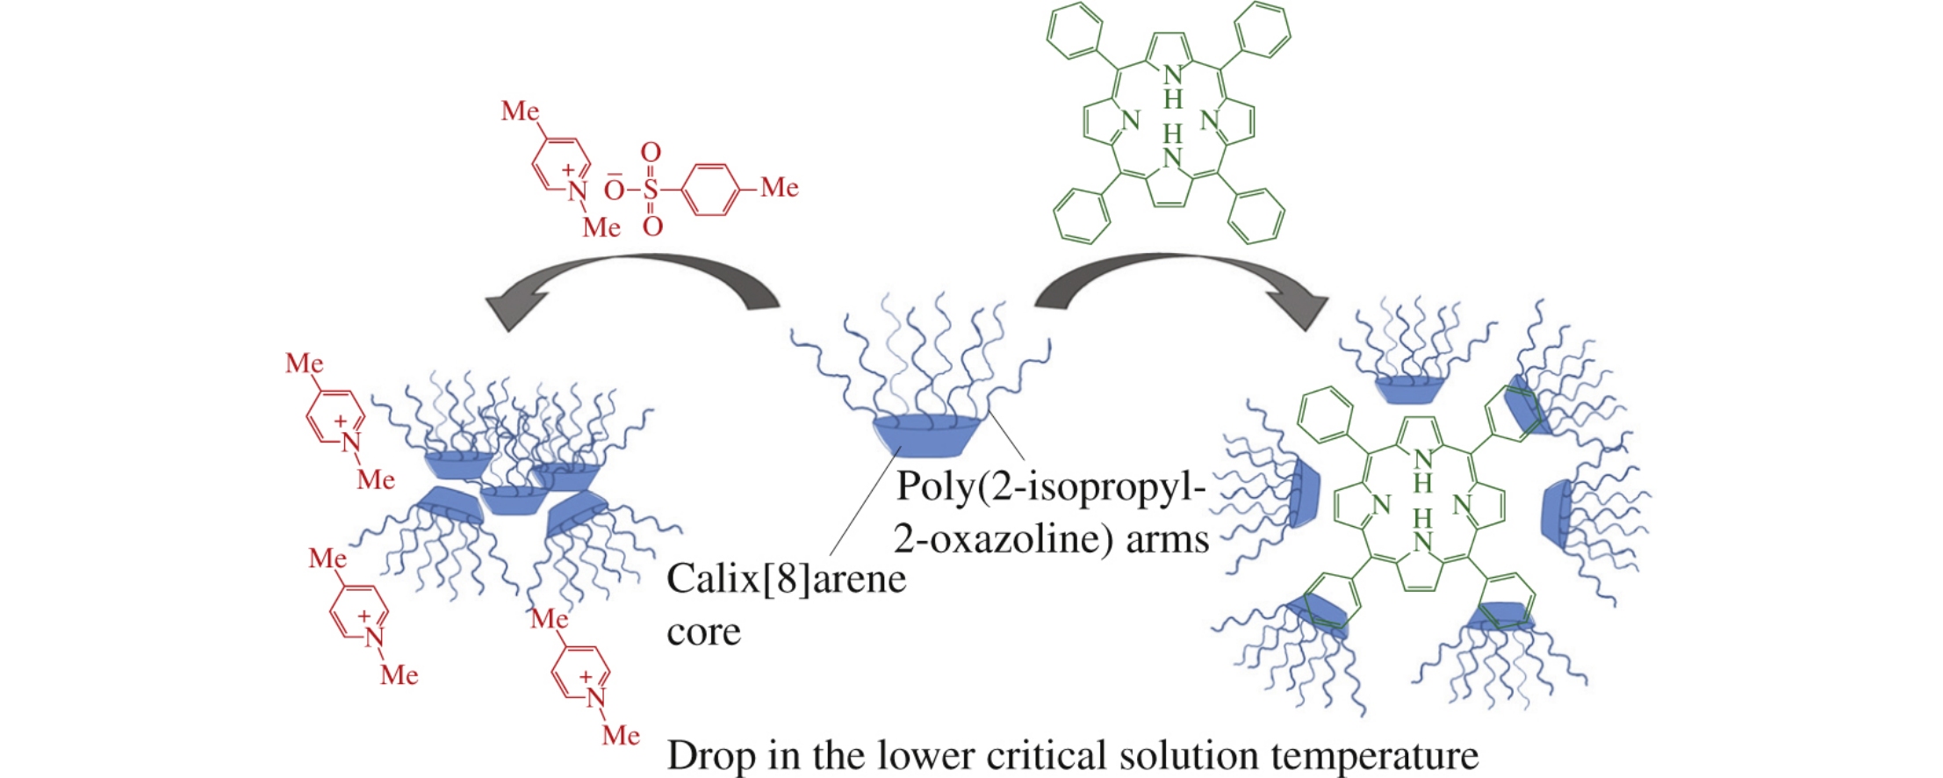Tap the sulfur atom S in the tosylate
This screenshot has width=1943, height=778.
point(651,189)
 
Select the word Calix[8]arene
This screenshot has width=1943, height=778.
point(786,580)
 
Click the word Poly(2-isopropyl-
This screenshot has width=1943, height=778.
point(1050,486)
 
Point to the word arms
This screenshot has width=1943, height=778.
point(1167,538)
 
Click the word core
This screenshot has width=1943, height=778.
point(703,631)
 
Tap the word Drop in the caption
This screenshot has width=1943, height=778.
point(710,755)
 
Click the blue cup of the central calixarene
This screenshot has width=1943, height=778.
point(926,436)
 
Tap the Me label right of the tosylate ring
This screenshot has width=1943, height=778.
point(780,187)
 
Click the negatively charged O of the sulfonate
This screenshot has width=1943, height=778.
point(615,190)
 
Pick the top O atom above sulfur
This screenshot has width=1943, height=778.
point(651,153)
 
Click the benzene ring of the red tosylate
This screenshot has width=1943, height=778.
point(710,189)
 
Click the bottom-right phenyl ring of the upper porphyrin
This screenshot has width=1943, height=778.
point(1256,215)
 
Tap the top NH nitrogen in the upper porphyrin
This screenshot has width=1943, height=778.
point(1173,76)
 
